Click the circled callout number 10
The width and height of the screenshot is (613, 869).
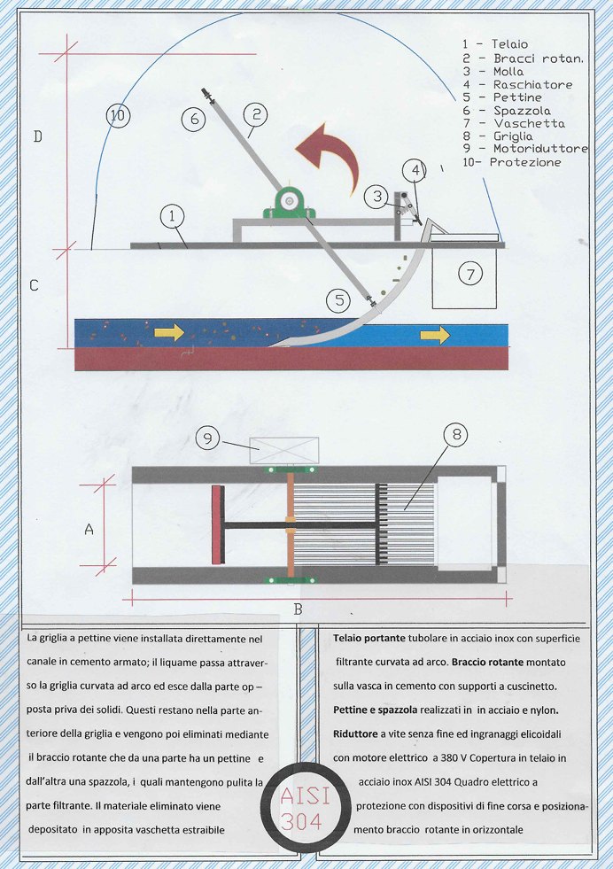tap(117, 114)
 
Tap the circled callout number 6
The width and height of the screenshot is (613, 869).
tap(193, 120)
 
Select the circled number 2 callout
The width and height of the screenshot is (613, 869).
tap(254, 113)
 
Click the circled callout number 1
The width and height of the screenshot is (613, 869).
tap(173, 214)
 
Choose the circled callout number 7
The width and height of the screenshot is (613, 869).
tap(469, 274)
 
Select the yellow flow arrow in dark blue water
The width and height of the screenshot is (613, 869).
tap(168, 332)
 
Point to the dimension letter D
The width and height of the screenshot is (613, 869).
tap(37, 136)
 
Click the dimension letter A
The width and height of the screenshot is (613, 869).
tap(89, 529)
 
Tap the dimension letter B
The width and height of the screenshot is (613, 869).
tap(298, 609)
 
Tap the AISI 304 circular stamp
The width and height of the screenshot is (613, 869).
tap(306, 807)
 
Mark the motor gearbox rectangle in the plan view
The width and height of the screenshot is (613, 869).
tap(284, 450)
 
